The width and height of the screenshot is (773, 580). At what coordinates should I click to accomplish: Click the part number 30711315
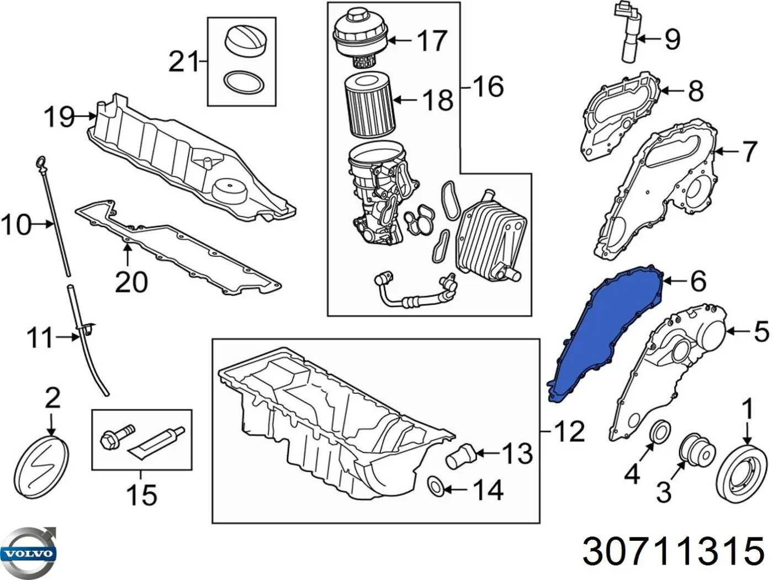click(x=673, y=551)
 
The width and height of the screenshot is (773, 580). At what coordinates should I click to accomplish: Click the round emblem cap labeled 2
click(x=42, y=465)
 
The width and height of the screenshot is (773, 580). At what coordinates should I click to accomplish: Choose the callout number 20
click(x=131, y=282)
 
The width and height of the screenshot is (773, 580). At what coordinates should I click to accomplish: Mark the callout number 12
click(x=568, y=431)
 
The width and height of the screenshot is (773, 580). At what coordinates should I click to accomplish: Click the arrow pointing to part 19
click(x=86, y=116)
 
